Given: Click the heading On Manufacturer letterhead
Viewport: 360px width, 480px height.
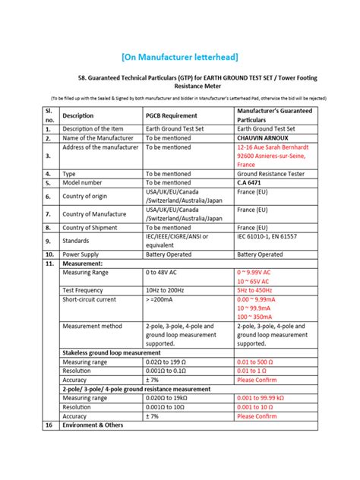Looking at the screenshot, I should click(x=180, y=58).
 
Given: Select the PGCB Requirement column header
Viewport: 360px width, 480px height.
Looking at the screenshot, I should click(x=176, y=115).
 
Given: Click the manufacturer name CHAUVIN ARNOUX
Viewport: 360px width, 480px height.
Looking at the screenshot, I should click(x=265, y=137).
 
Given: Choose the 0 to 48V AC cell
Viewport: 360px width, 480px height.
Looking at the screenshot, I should click(x=165, y=271).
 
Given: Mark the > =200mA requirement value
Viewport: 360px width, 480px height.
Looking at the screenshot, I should click(x=163, y=299).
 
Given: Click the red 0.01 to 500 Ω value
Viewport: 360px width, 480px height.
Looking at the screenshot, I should click(x=260, y=363).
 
